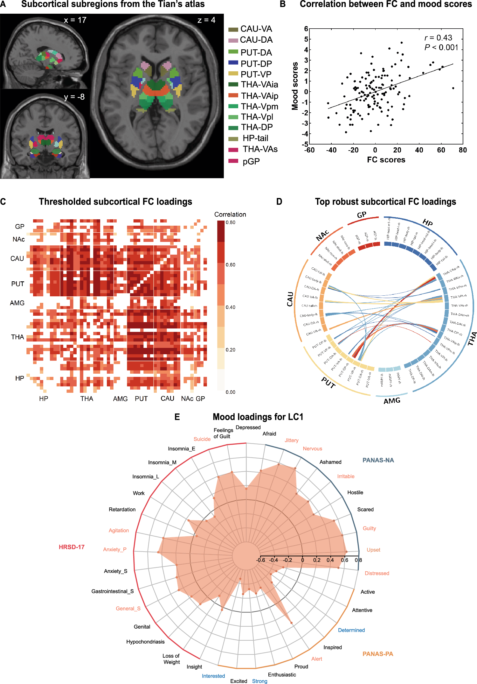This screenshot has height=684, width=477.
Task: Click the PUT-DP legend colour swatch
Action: point(233,63)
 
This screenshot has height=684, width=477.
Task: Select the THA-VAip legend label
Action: point(259,96)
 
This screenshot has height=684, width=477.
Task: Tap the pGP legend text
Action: point(251,161)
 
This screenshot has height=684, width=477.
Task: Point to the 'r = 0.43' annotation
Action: point(438,38)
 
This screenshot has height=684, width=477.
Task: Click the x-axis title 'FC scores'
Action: point(386,160)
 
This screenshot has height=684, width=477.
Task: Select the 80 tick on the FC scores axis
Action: point(463,150)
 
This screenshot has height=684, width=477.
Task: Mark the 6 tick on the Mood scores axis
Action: point(306,29)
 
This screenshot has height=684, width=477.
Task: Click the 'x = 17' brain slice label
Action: point(75,20)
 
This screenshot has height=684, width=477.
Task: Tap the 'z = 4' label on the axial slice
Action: point(206,20)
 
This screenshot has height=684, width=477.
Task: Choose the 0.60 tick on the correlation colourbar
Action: point(231,265)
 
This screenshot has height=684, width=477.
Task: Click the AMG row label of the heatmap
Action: point(17,303)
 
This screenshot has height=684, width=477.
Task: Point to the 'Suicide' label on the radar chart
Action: point(202,439)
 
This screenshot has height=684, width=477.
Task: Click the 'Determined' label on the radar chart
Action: point(351,630)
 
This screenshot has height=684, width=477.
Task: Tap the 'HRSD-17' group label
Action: point(72,547)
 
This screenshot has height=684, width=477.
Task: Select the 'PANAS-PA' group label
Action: point(378,654)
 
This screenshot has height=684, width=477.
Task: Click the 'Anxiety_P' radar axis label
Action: point(114,549)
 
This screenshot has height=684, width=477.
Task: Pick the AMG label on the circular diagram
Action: point(392,401)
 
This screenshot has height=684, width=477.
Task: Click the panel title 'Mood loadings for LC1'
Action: point(258,417)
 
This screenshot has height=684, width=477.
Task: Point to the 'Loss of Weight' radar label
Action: point(171,659)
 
